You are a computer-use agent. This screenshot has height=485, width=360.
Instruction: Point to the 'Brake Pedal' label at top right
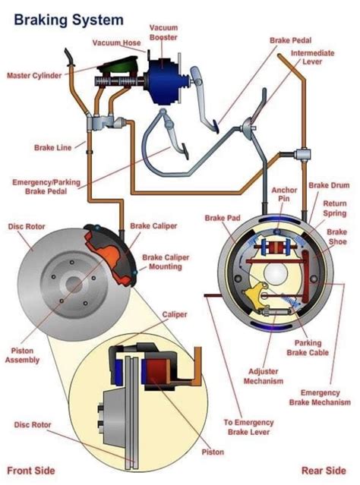click(290, 39)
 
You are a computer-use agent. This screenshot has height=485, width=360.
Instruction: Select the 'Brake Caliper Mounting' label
click(166, 262)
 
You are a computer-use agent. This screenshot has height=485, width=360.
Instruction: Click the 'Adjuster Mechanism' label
click(266, 376)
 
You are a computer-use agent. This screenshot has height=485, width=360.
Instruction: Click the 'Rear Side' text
click(324, 470)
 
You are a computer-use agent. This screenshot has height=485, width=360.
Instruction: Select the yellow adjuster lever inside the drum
click(257, 291)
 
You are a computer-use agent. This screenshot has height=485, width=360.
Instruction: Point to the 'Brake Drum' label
click(328, 185)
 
